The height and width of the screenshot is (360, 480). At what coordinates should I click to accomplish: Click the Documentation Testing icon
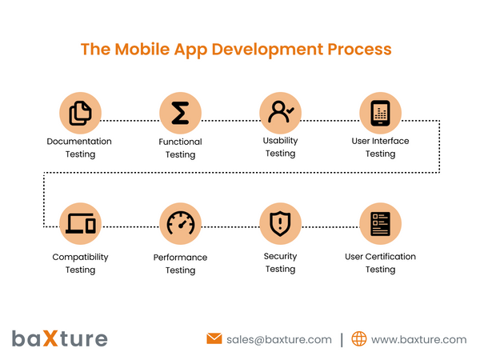[80, 113]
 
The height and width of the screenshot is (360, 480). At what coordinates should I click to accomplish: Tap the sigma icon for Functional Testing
[180, 113]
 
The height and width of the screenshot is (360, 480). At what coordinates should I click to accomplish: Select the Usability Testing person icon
[280, 113]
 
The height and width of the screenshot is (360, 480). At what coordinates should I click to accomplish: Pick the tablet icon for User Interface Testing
[380, 113]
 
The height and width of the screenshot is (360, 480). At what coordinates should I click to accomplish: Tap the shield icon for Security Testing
[280, 223]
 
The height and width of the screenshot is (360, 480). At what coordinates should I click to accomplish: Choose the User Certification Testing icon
[380, 223]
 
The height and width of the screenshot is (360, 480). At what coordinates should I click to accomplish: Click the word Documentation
[79, 142]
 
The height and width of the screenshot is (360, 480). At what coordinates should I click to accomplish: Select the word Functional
[180, 142]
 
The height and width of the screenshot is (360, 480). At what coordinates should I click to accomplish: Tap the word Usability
[280, 141]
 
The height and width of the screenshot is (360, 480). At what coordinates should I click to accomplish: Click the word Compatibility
[80, 257]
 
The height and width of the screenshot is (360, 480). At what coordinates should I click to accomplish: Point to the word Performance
[180, 258]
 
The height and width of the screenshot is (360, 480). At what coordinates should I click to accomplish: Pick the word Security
[280, 256]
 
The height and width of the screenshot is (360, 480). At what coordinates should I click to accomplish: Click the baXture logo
[59, 338]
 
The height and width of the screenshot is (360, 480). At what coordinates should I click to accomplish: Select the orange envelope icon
[214, 339]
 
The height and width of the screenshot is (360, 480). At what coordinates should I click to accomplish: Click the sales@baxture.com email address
[278, 339]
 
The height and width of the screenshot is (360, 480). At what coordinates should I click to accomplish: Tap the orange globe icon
[359, 339]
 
